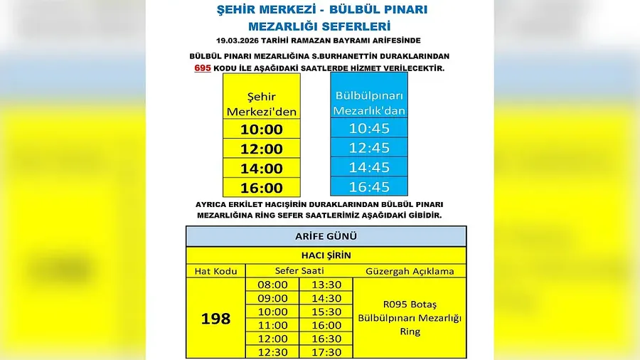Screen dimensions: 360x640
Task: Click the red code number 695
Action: (202, 68)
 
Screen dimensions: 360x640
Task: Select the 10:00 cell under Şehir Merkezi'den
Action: (262, 129)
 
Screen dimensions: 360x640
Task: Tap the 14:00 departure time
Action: (262, 169)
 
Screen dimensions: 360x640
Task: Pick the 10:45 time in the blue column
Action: (370, 129)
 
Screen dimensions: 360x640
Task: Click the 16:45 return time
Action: (370, 187)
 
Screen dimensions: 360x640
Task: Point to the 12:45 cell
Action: (370, 148)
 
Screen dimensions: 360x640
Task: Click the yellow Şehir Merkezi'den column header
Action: (262, 104)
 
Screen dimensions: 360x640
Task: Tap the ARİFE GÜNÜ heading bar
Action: (326, 236)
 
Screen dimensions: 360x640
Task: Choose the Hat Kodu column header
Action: (215, 271)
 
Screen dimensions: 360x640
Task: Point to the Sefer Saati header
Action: (299, 271)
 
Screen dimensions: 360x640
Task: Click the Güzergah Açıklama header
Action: (410, 271)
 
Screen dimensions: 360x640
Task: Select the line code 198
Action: (215, 318)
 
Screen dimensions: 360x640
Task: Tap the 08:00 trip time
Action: (272, 285)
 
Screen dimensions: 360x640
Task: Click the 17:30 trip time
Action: (326, 352)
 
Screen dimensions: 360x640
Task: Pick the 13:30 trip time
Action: (326, 285)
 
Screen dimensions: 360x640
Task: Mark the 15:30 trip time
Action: (326, 312)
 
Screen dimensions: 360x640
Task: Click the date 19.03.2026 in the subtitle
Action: (242, 40)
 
